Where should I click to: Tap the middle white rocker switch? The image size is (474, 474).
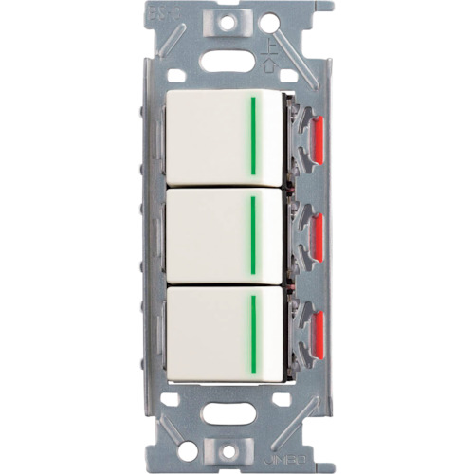coord(209,237)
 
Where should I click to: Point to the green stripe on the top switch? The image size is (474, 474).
coord(253,135)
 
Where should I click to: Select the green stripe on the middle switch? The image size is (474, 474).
coord(253,233)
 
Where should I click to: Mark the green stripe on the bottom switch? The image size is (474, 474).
coord(253,332)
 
